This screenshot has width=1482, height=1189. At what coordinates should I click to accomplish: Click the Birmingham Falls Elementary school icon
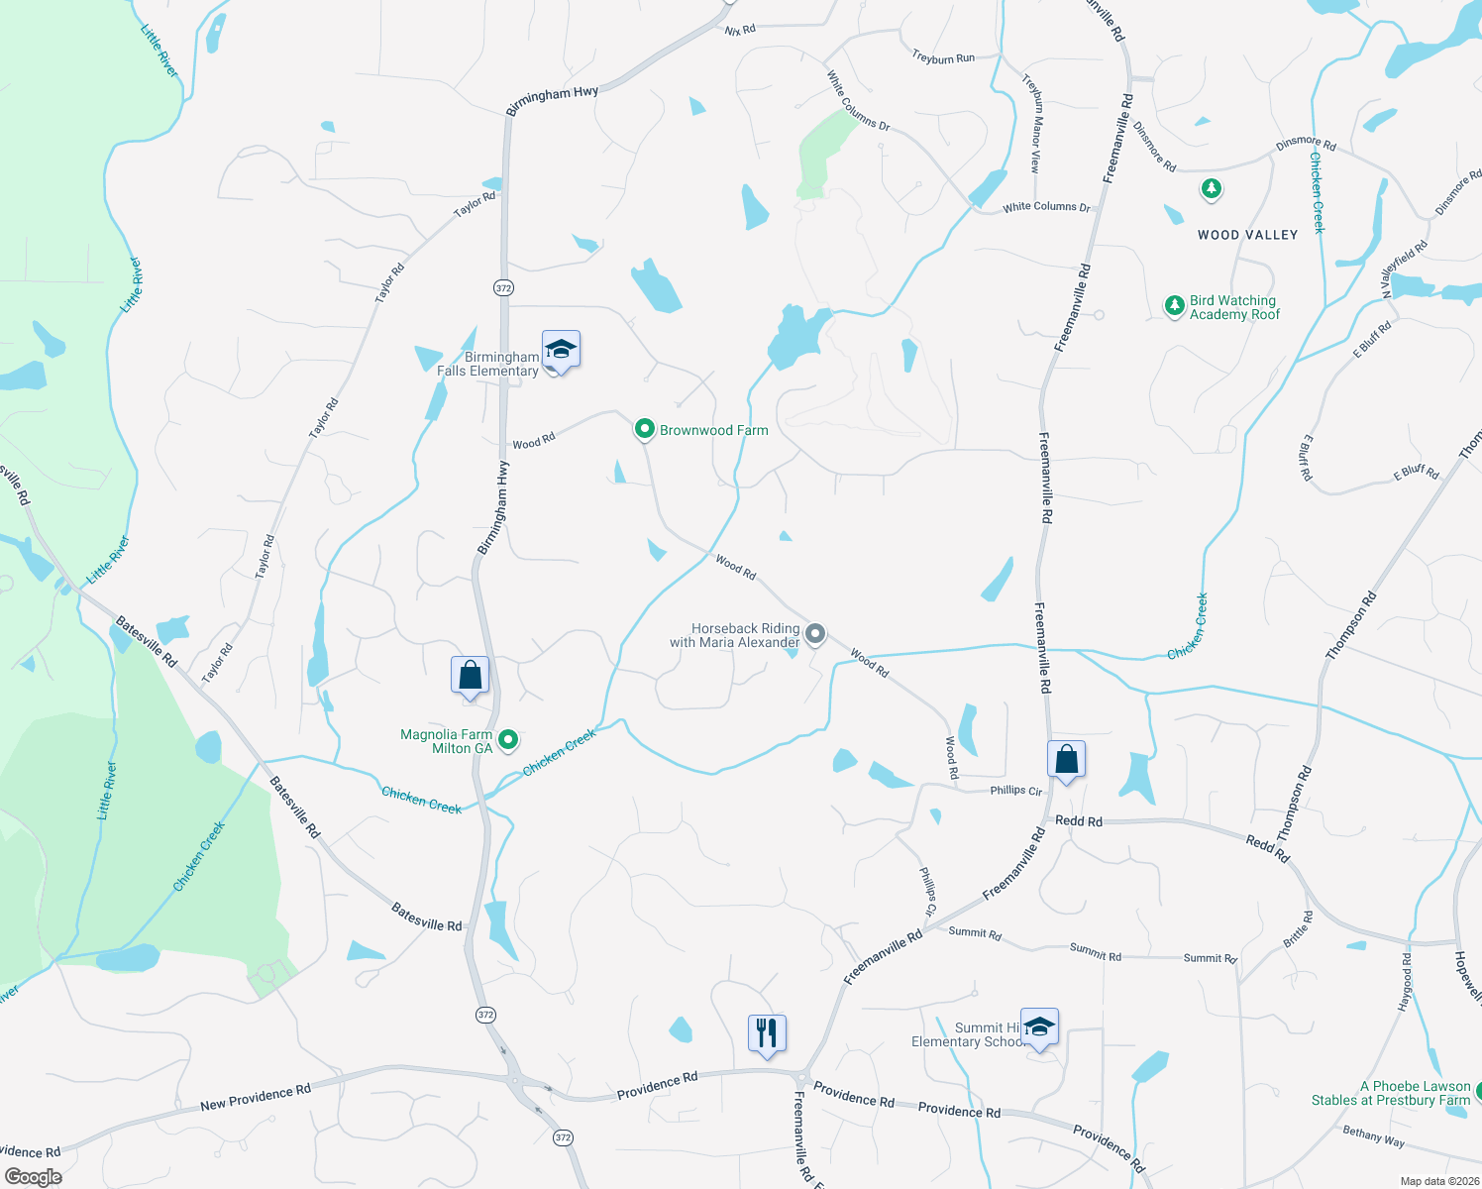tap(561, 350)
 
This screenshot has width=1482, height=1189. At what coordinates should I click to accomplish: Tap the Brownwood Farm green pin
tap(645, 429)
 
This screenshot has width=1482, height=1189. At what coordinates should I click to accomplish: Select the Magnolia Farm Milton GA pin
tap(508, 739)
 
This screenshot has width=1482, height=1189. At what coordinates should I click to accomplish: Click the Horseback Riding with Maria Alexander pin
tap(815, 633)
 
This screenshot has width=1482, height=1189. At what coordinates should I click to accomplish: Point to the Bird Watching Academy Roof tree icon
tap(1174, 306)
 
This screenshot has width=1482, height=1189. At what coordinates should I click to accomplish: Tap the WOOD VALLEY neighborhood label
tap(1247, 235)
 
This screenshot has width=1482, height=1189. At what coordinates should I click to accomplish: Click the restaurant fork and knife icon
tap(767, 1033)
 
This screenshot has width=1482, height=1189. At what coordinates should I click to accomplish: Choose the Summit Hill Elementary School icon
tap(1039, 1027)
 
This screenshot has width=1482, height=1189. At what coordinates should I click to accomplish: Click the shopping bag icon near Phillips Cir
tap(1066, 760)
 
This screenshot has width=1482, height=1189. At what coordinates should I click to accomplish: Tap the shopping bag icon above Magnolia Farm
tap(471, 676)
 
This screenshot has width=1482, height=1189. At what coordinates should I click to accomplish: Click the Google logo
tap(34, 1176)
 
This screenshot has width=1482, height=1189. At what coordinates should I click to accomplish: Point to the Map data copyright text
tap(1437, 1181)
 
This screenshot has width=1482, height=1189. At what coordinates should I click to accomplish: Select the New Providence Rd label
tap(256, 1097)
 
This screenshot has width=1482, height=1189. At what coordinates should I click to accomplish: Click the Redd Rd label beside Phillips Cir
tap(1079, 821)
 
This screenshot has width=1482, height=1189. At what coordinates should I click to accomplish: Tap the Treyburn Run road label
tap(943, 58)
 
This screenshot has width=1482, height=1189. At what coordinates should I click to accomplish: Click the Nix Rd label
tap(740, 31)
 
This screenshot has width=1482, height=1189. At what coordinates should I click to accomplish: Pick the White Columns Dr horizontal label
tap(1046, 207)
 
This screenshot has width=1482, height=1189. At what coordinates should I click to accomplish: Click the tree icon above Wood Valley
tap(1211, 188)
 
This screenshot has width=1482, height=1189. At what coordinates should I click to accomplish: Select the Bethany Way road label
tap(1374, 1136)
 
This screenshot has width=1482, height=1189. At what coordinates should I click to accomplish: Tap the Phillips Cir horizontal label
tap(1016, 791)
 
